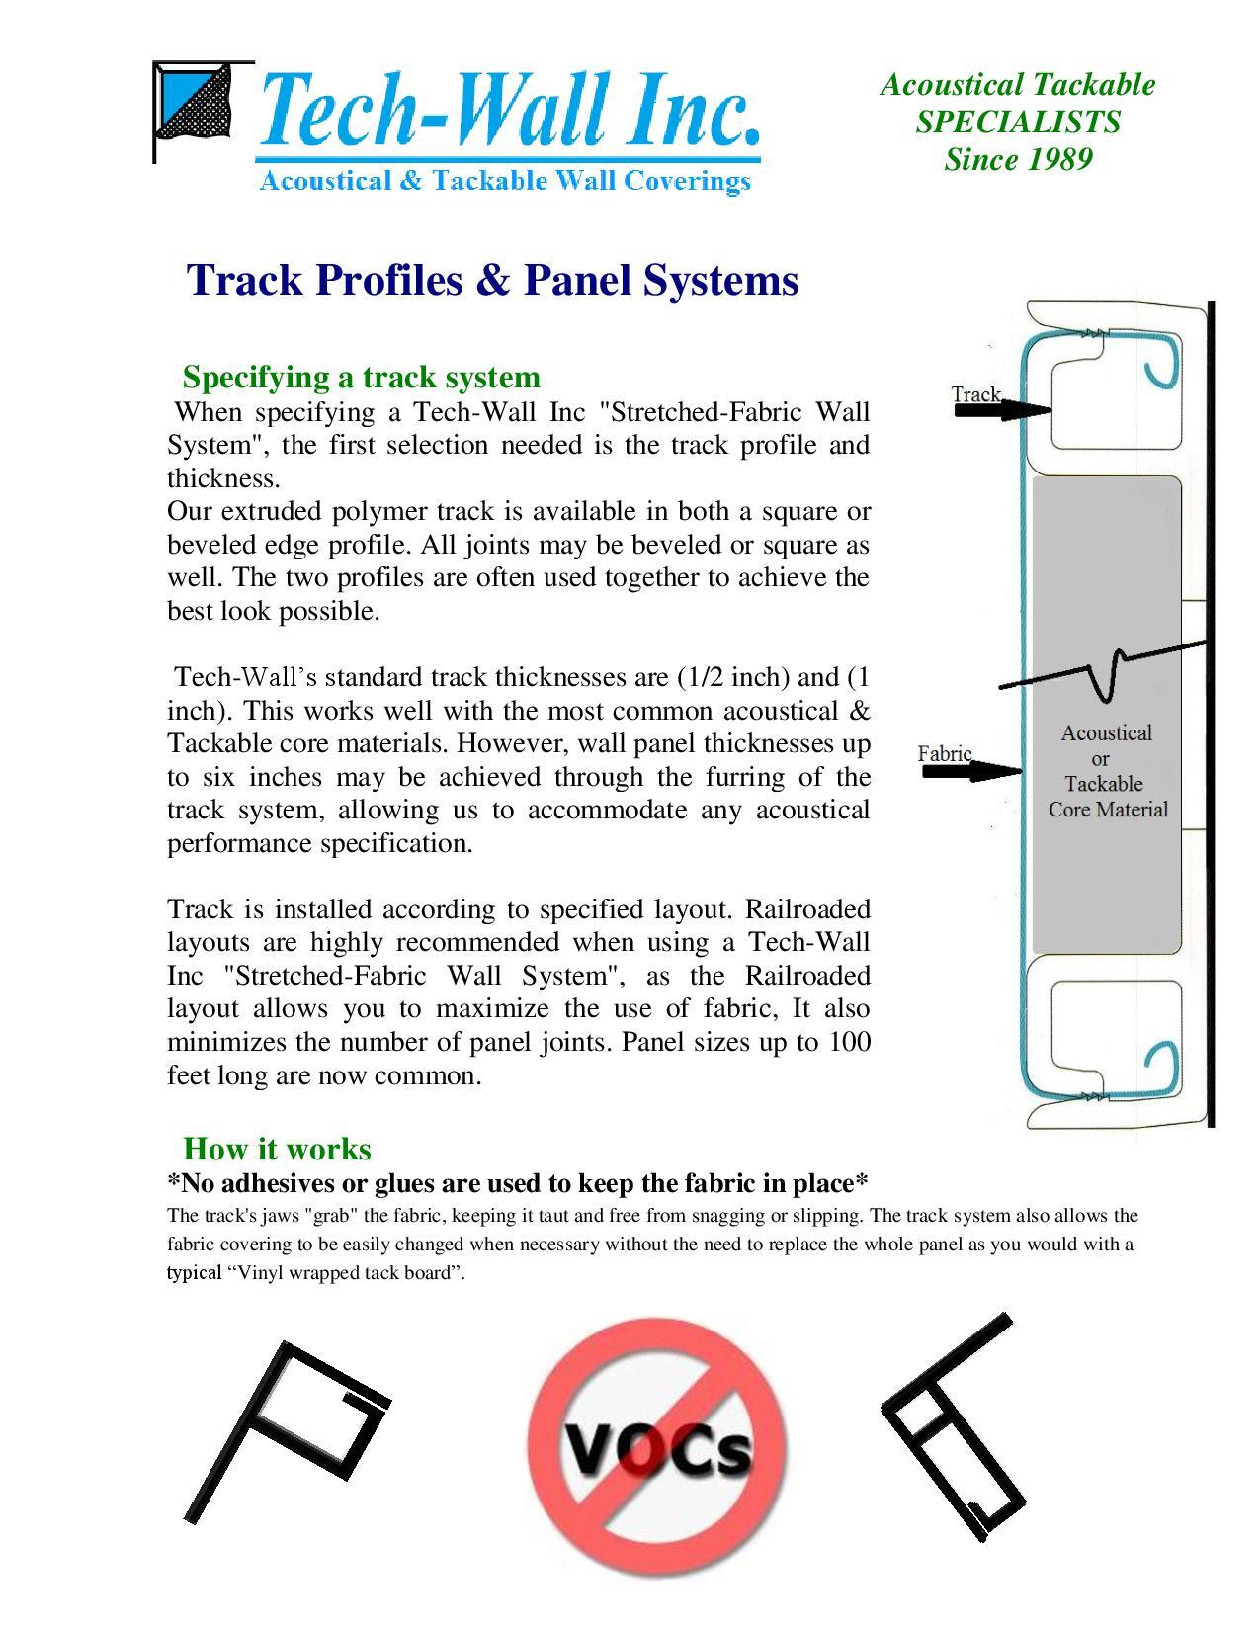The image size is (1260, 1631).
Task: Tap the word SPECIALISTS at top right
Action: coord(1018,122)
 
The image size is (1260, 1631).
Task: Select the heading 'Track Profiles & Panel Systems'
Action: coord(492,280)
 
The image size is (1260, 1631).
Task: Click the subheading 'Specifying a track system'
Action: coord(362,377)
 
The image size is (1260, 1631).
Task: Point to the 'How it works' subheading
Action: coord(277,1149)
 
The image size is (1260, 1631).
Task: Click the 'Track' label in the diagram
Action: coord(975,393)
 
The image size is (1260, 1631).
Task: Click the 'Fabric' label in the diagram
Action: coord(944,753)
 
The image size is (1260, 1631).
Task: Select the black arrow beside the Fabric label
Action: coord(971,770)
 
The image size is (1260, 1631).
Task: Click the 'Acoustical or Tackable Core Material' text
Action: coord(1107,771)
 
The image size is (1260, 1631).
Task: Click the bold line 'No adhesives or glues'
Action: coord(517,1183)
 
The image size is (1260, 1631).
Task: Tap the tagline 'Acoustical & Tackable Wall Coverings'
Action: coord(504,181)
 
